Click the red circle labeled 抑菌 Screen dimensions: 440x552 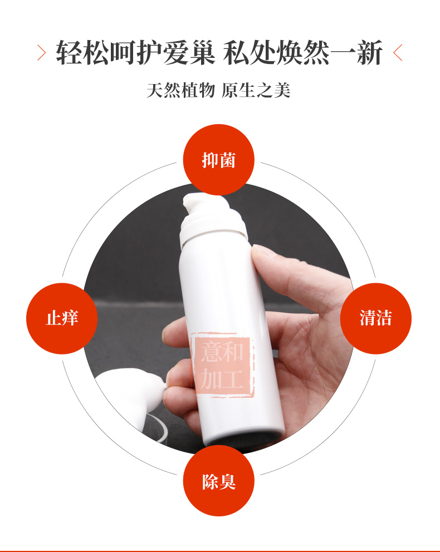coord(218,160)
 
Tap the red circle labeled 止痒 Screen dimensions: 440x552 coord(62,318)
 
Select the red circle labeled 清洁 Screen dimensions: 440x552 coord(375,318)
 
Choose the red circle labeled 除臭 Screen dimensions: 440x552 coord(218,481)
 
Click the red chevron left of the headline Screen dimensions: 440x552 coord(42,53)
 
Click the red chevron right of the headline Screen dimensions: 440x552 coord(398,53)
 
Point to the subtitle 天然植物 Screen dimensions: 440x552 coord(180,90)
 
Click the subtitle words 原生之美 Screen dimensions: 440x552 coord(256,90)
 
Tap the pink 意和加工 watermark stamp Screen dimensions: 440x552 coord(222,364)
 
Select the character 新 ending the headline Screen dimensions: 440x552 coord(369,53)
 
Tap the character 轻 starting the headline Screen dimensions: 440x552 coord(69,53)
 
